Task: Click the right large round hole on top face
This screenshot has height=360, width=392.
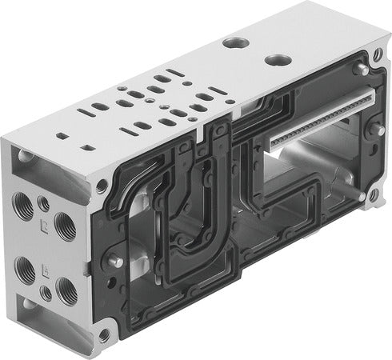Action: [x=277, y=60]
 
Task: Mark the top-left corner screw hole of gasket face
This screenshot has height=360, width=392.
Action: [x=102, y=186]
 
